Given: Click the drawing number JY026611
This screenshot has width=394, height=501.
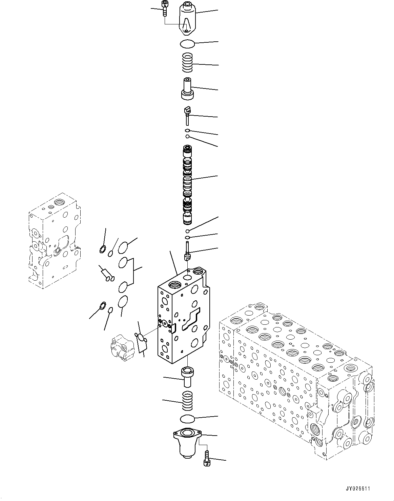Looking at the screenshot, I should coord(358,489).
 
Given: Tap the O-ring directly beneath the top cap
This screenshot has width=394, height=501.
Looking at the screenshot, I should coord(187,43).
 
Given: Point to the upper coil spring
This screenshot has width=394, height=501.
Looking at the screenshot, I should coord(187,63).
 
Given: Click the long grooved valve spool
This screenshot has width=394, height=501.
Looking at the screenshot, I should coord(187,185).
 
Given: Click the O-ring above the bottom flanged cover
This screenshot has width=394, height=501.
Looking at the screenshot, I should coord(187,419).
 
